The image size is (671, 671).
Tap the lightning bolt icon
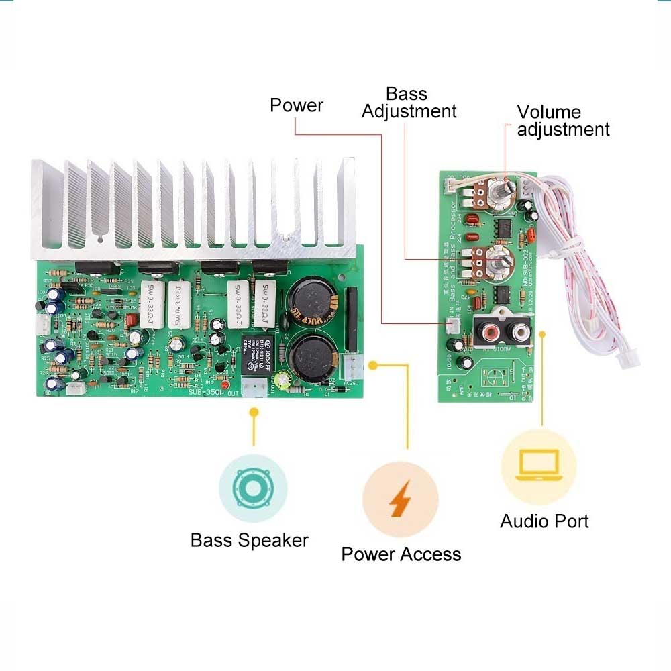400,499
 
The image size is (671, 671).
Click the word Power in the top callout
296,105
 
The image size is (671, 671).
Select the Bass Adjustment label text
409,103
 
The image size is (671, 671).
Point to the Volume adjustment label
563,121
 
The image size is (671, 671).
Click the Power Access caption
401,554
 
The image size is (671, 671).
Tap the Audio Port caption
544,521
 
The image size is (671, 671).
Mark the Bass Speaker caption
250,540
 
